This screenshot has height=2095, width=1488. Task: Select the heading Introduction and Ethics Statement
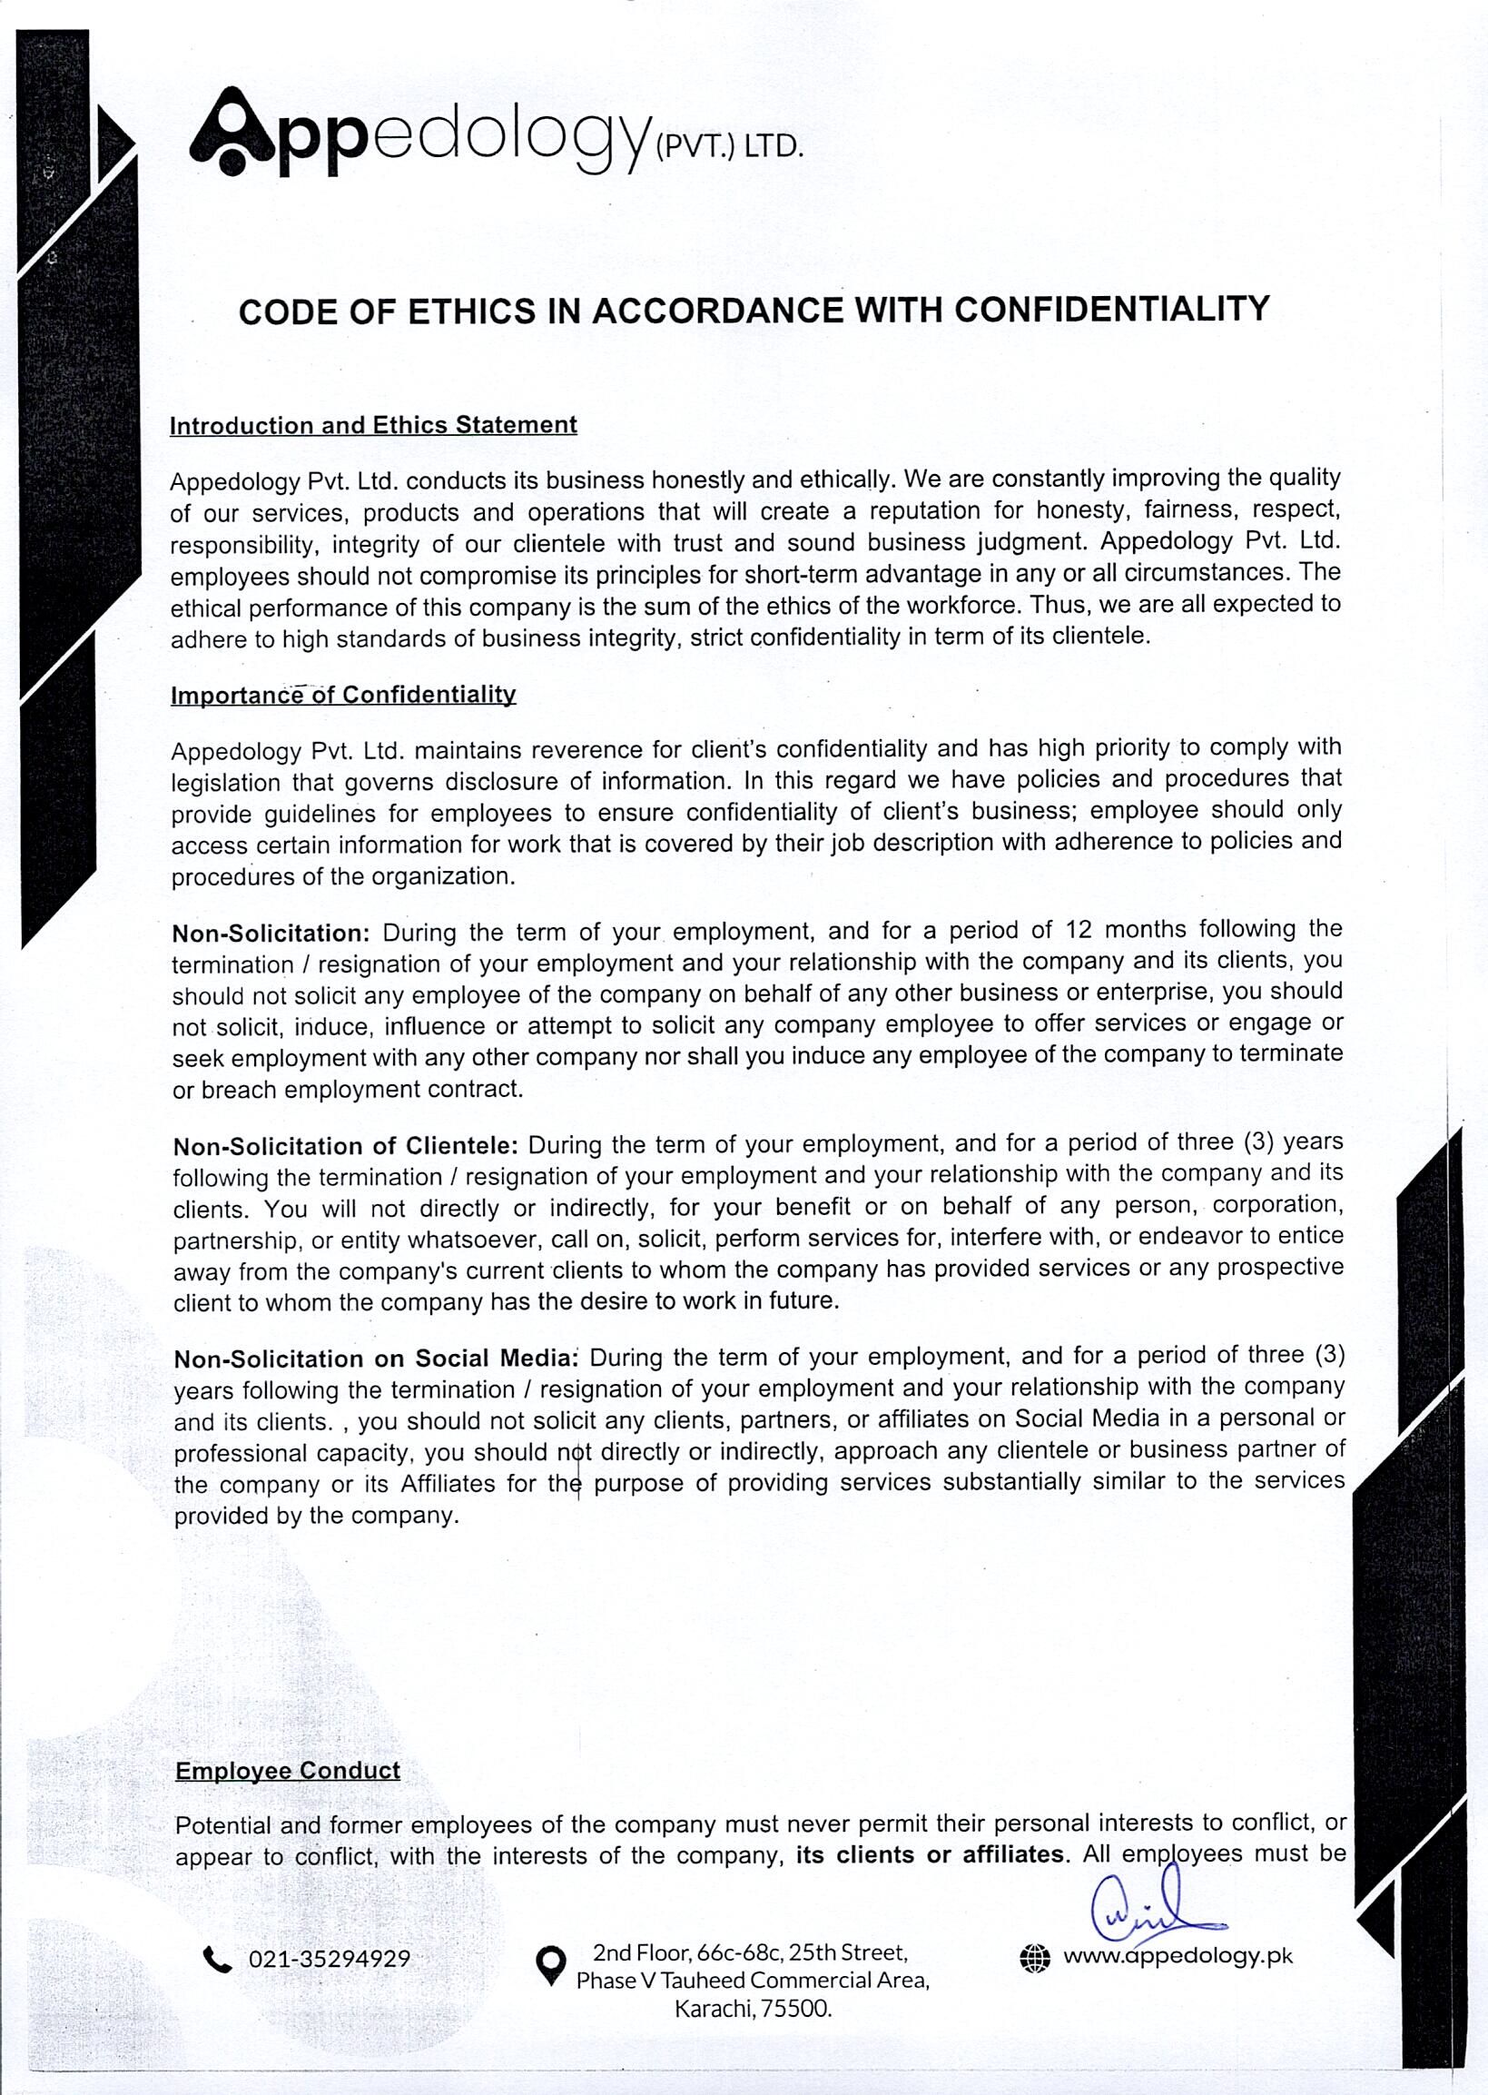373,425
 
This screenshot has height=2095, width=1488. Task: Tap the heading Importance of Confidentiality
343,695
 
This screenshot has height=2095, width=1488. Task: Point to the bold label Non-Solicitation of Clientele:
345,1146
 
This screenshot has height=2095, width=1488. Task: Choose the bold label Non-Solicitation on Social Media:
377,1359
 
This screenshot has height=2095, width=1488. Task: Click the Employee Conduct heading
288,1771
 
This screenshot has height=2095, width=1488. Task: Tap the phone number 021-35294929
329,1960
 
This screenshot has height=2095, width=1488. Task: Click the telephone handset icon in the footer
217,1960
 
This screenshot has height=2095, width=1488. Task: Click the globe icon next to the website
1034,1958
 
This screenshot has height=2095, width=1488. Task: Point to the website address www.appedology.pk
1178,1957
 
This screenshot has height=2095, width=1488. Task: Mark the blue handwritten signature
1151,1910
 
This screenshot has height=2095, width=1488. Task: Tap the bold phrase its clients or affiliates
930,1855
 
